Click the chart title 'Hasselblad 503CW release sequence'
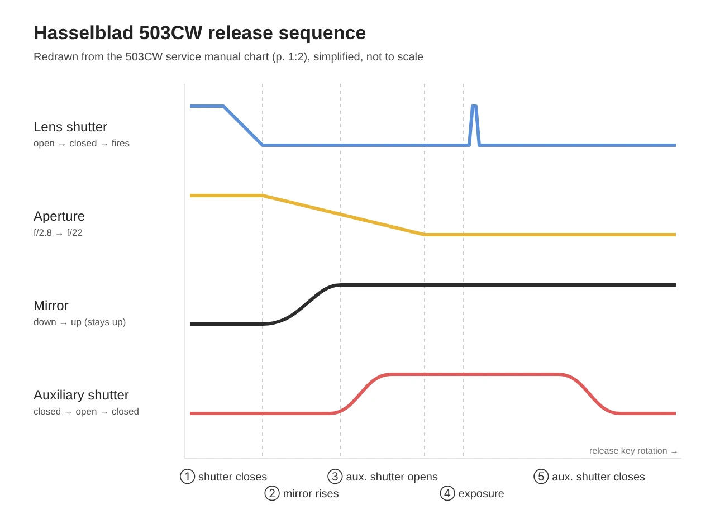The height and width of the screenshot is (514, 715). click(199, 32)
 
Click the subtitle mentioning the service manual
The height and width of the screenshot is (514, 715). click(228, 56)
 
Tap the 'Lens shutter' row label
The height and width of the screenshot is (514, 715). click(70, 127)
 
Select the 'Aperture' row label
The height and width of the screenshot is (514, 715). click(59, 216)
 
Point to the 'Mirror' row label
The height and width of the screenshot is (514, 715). click(51, 306)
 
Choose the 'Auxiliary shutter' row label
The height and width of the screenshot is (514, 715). click(81, 395)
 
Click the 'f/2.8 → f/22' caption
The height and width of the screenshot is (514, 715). click(58, 232)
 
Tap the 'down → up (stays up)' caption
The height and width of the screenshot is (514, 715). click(79, 322)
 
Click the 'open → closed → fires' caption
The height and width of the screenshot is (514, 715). click(82, 143)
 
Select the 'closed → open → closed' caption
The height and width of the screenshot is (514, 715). click(86, 411)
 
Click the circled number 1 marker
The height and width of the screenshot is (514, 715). click(187, 477)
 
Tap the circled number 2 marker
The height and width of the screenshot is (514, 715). click(272, 493)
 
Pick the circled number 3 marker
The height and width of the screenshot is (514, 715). click(335, 477)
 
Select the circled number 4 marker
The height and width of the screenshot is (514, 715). click(447, 493)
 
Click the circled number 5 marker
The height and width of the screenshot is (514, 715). click(541, 477)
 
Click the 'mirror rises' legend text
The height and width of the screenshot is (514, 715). click(311, 493)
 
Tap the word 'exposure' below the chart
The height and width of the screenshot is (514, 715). click(481, 493)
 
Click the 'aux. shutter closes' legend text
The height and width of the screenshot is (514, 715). click(598, 477)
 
